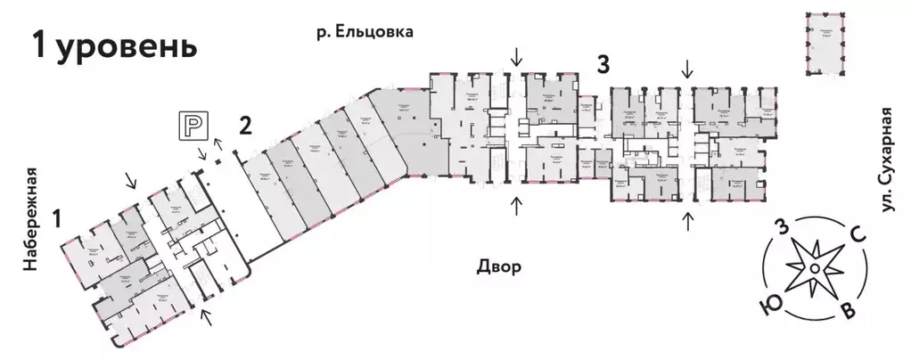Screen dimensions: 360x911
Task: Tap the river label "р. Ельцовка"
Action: pos(366,32)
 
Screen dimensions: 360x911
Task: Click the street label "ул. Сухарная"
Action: pos(884,160)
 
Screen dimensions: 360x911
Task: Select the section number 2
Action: pos(244,126)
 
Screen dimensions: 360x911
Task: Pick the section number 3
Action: pos(604,64)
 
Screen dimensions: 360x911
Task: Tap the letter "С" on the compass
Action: pos(858,235)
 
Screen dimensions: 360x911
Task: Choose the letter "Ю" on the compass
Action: pos(766,307)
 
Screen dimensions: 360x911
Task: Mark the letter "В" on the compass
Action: pos(849,312)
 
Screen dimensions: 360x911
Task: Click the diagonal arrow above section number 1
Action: pos(131,182)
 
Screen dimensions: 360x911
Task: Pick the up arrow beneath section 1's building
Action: pos(206,315)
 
